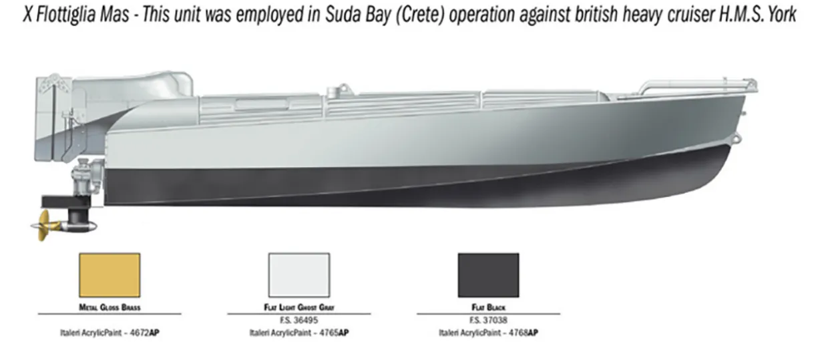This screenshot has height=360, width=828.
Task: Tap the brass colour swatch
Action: pyautogui.click(x=109, y=275)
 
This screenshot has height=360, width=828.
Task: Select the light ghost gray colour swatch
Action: pyautogui.click(x=298, y=275)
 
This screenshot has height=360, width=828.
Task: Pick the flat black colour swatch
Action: pyautogui.click(x=488, y=275)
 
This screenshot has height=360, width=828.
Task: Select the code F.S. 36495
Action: pyautogui.click(x=298, y=320)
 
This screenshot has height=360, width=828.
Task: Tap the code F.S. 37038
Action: pyautogui.click(x=488, y=320)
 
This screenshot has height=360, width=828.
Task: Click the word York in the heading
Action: pyautogui.click(x=780, y=14)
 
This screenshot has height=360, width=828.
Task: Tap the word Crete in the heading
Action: pyautogui.click(x=421, y=14)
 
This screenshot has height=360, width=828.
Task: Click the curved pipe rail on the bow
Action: pyautogui.click(x=694, y=85)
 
